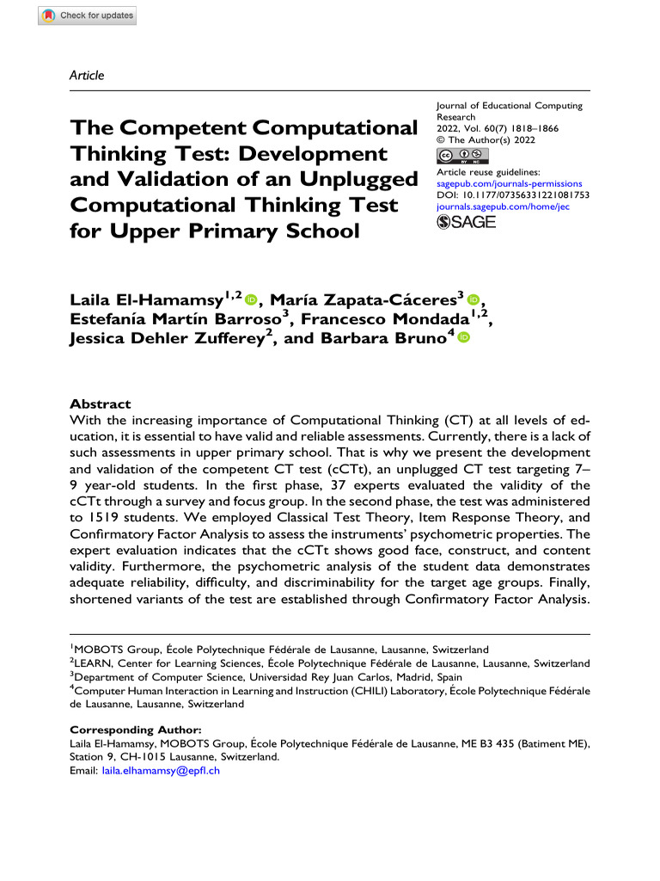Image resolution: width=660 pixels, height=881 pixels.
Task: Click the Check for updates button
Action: point(87,15)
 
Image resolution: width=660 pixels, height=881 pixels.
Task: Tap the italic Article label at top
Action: point(86,76)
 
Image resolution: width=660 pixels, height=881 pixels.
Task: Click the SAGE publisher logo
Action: point(467,223)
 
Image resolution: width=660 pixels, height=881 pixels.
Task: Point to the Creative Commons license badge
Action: point(462,155)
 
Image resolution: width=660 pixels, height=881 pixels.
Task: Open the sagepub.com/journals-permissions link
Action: point(510,183)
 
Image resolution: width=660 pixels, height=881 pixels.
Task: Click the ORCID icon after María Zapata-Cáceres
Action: point(474,299)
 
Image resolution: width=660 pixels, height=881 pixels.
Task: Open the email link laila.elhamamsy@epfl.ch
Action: point(161,771)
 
